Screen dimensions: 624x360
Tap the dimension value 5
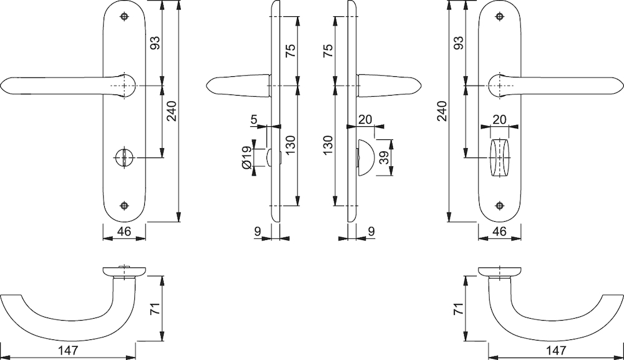click(x=255, y=119)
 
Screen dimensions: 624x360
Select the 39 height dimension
click(x=384, y=158)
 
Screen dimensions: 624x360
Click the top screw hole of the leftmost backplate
click(x=125, y=17)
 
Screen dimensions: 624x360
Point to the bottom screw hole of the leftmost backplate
click(x=125, y=206)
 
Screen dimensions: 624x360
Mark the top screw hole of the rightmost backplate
click(x=500, y=17)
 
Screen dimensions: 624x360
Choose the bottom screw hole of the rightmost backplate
click(x=500, y=206)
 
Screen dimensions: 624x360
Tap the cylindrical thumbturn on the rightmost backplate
click(x=500, y=157)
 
